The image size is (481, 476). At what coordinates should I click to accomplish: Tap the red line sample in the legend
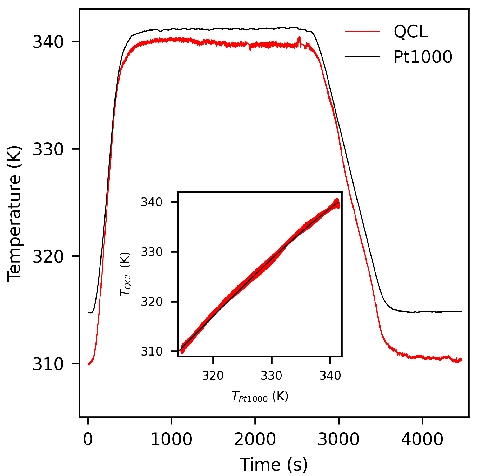[362, 32]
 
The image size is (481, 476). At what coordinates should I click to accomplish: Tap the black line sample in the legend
[362, 57]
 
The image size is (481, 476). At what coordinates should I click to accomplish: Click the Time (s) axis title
[274, 465]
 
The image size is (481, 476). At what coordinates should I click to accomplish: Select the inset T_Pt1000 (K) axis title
[260, 397]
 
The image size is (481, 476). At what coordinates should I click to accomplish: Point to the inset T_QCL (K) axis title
[125, 274]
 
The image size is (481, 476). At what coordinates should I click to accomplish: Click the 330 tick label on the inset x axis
[271, 376]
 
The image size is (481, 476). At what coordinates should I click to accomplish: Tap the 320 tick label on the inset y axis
[151, 302]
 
